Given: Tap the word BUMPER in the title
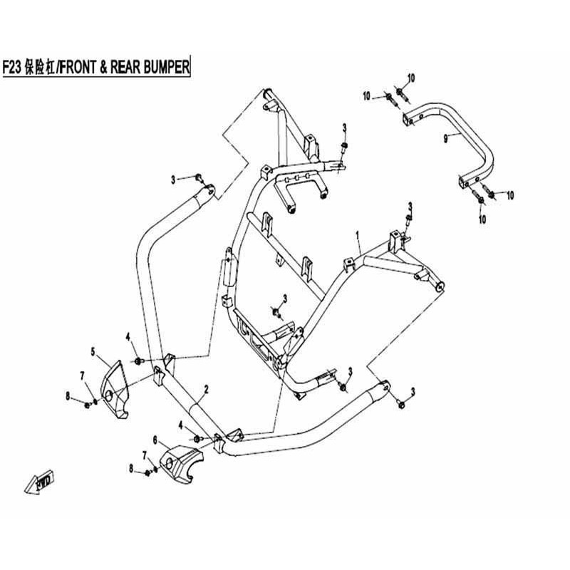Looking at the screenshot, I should [x=164, y=67].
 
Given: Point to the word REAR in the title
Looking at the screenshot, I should [x=125, y=67].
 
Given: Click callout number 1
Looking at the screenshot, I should [x=358, y=234].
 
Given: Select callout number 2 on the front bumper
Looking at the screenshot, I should [x=205, y=389].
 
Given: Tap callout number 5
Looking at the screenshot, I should [x=93, y=351].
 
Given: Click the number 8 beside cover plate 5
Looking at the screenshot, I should [x=68, y=395].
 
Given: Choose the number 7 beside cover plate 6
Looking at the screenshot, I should [x=144, y=454].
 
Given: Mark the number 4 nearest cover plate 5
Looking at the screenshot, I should [x=128, y=336].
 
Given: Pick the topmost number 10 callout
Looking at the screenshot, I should [x=410, y=77].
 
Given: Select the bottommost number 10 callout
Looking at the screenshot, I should [x=482, y=219].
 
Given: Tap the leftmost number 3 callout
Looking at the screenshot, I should [x=172, y=180].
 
